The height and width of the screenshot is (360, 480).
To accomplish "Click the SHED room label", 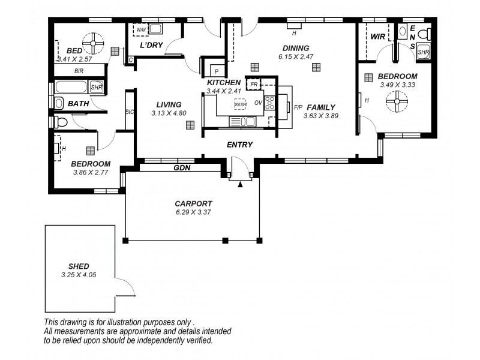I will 79,266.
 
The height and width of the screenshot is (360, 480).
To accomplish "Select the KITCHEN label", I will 224,82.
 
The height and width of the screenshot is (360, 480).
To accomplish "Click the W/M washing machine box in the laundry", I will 142,29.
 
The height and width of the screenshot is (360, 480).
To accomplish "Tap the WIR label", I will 378,37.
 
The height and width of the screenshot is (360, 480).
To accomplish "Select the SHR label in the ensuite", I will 423,53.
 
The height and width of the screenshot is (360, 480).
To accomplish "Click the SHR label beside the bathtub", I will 96,88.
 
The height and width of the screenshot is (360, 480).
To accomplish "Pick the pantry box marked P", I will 215,71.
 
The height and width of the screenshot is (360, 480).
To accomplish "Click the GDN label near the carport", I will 182,168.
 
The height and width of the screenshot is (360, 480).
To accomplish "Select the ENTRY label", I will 239,145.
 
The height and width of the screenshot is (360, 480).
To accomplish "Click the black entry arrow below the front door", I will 240,184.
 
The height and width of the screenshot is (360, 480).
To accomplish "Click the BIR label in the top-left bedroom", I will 79,71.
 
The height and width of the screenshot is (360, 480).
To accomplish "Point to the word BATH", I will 79,104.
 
